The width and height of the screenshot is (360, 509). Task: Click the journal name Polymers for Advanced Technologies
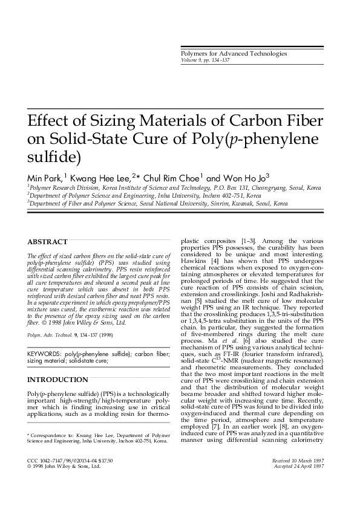(x=234, y=54)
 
